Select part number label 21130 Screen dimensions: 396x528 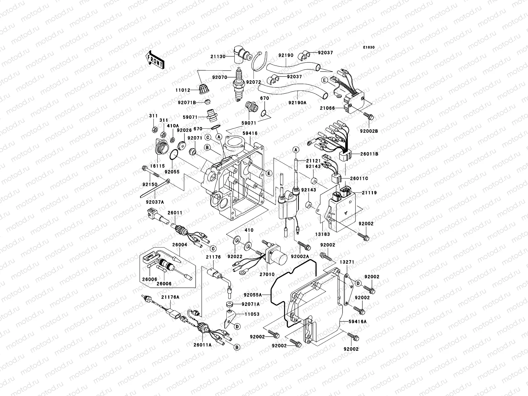(x=227, y=56)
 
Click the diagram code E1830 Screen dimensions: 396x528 (x=369, y=48)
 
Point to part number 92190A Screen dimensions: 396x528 (x=297, y=103)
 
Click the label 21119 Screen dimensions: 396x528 (x=369, y=192)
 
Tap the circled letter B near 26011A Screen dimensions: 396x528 (x=236, y=347)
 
